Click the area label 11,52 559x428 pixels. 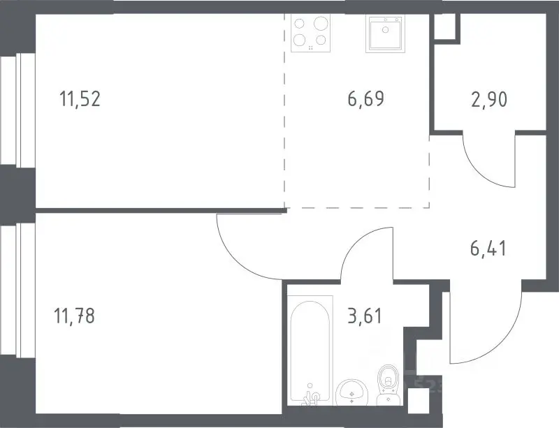pyautogui.click(x=80, y=98)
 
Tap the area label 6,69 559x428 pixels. pyautogui.click(x=366, y=98)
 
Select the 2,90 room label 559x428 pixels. pyautogui.click(x=489, y=100)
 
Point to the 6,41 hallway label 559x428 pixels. pyautogui.click(x=488, y=248)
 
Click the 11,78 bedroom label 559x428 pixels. pyautogui.click(x=74, y=316)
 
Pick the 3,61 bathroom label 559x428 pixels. pyautogui.click(x=365, y=316)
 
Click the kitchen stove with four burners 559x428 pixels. pyautogui.click(x=310, y=33)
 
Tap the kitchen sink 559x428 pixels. pyautogui.click(x=386, y=33)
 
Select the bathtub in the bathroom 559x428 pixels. pyautogui.click(x=310, y=350)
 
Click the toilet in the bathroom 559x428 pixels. pyautogui.click(x=389, y=385)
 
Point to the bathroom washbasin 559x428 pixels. pyautogui.click(x=351, y=392)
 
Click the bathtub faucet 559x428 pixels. pyautogui.click(x=311, y=397)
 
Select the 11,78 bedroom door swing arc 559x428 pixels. pyautogui.click(x=235, y=256)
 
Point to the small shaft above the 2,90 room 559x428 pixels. pyautogui.click(x=445, y=27)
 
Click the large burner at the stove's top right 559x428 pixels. pyautogui.click(x=321, y=24)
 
